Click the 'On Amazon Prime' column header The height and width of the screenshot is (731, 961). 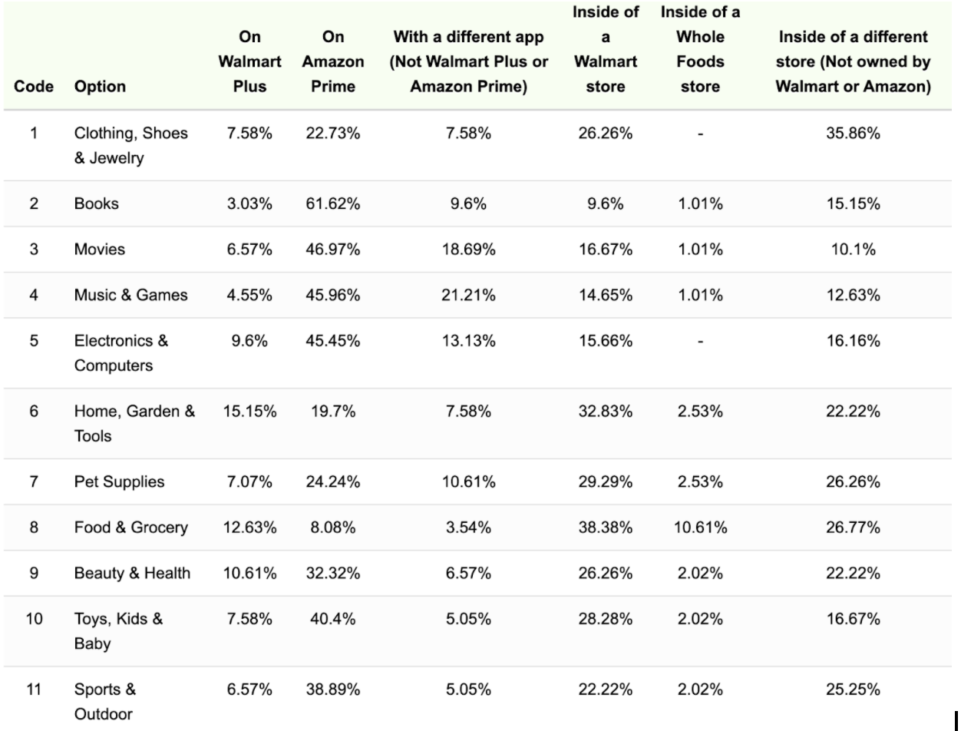click(332, 61)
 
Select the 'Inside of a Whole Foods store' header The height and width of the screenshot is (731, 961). click(699, 49)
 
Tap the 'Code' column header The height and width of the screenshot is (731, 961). click(34, 86)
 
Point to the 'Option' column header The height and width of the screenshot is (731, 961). click(100, 86)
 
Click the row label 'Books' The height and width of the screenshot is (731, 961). click(97, 203)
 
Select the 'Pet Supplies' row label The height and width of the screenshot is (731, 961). click(119, 481)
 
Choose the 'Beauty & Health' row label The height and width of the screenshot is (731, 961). click(132, 573)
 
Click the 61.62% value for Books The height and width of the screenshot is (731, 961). click(332, 203)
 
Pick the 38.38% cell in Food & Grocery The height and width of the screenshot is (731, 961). click(605, 528)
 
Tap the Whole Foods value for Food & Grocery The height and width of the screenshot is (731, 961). click(699, 528)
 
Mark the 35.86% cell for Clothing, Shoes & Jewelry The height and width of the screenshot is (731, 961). click(852, 133)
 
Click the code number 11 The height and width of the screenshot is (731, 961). click(34, 689)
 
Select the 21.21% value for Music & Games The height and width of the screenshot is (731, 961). click(467, 295)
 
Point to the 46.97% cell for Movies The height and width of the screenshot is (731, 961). click(332, 249)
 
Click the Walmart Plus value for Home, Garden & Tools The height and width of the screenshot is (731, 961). click(249, 411)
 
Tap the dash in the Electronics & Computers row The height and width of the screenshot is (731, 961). click(699, 340)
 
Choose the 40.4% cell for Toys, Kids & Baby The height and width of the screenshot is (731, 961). click(332, 618)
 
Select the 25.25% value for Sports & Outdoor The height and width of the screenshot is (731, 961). click(852, 689)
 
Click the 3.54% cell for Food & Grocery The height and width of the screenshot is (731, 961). click(467, 528)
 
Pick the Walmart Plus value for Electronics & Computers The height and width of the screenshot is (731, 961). click(249, 340)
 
